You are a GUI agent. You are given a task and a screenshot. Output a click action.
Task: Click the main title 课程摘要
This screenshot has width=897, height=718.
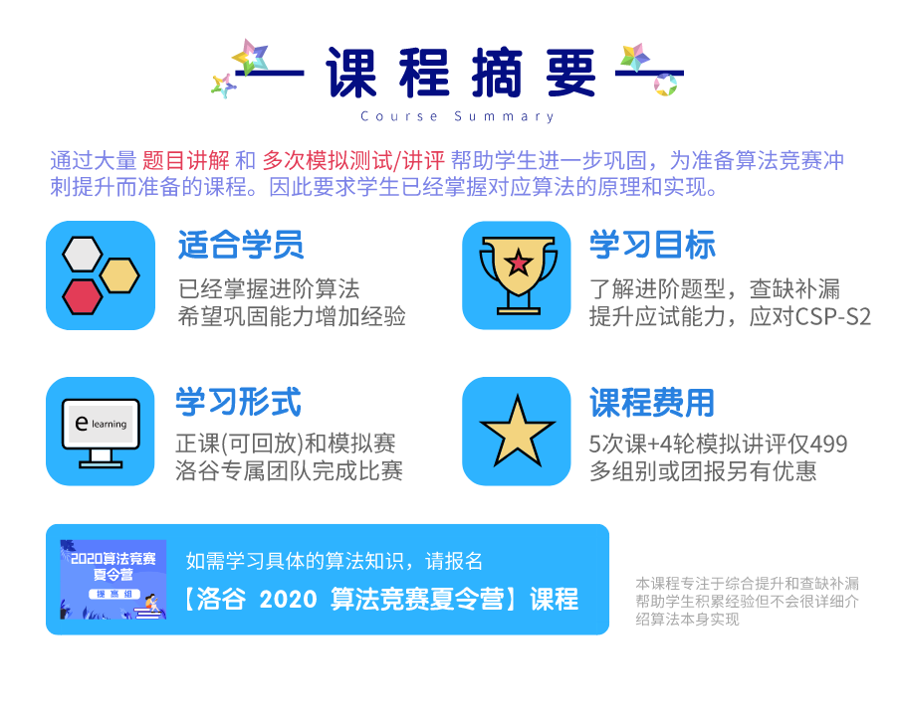pos(461,73)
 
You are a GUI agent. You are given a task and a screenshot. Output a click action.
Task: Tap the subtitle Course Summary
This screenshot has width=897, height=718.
pos(458,116)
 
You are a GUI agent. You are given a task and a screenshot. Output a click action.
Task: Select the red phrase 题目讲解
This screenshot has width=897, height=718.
pos(185,161)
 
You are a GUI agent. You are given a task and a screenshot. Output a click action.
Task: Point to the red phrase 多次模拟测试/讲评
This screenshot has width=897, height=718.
pos(353,161)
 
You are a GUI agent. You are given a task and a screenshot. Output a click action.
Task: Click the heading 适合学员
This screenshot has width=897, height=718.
pos(240,245)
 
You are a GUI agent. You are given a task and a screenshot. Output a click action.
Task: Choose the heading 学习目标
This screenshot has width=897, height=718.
pos(652,245)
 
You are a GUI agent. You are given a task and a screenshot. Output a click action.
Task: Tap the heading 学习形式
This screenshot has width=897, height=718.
pos(238,402)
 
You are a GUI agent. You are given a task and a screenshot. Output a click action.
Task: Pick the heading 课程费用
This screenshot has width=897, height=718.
pos(652,403)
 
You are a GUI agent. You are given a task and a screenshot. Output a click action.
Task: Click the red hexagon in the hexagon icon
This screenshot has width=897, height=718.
pos(83,296)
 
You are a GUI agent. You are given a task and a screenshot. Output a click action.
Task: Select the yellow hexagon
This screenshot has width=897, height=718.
pos(119,275)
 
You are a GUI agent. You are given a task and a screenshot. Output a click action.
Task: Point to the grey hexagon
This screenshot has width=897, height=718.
pos(83,254)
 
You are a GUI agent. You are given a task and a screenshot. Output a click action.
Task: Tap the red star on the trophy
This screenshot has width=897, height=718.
pos(519,263)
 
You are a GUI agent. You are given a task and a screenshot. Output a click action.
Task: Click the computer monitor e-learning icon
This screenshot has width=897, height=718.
pos(101,433)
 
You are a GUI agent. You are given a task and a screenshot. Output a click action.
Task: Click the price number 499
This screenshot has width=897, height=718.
pos(829,444)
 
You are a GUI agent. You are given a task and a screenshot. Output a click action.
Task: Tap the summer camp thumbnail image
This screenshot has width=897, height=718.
pos(113,579)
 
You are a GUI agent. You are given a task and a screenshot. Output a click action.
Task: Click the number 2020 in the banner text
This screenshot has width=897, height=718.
pos(288,599)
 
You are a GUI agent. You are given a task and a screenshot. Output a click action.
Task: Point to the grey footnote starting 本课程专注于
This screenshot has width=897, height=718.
pos(747,601)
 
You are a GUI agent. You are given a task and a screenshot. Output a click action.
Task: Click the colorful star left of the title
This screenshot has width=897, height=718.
pos(250,57)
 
